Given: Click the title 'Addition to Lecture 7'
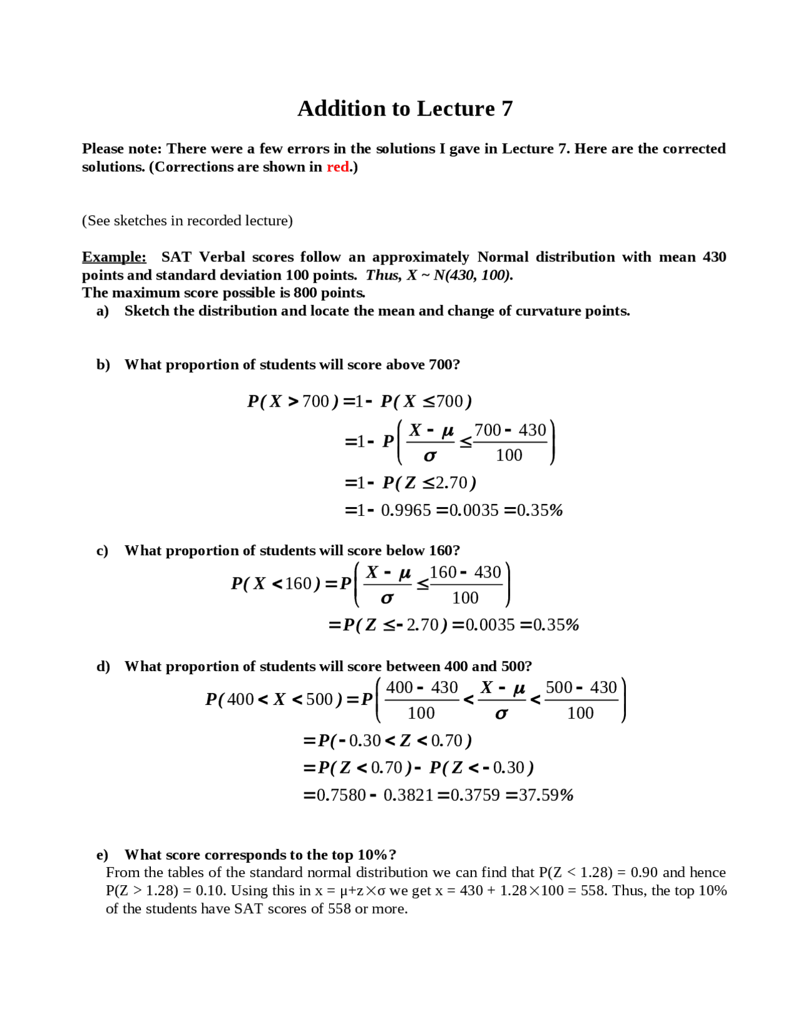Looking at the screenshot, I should [405, 109].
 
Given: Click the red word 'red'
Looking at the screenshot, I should [338, 167].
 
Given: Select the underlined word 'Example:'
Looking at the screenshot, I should [114, 257].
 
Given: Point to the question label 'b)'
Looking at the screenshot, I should [103, 364].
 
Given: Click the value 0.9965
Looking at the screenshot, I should [406, 510].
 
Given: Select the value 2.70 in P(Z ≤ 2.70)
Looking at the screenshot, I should [451, 483].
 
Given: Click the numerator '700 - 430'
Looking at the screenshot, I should [510, 430].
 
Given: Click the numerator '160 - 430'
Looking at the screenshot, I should [465, 572].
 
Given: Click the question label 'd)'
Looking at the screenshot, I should [103, 666].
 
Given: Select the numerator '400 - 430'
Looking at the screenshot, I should [422, 687].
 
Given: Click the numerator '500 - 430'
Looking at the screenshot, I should [581, 687].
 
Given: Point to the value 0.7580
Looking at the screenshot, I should [341, 795].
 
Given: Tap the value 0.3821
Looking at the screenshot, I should [408, 795].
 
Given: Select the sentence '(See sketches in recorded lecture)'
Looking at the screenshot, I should [187, 221].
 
